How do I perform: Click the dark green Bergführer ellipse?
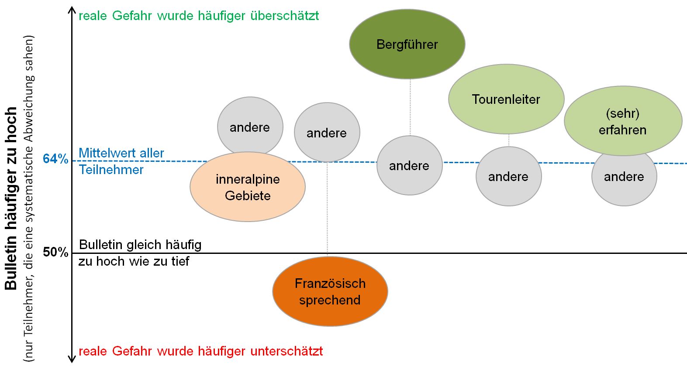[407, 44]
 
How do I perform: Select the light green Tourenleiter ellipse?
[506, 99]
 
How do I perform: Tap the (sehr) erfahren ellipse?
[623, 121]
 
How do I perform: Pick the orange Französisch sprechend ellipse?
[330, 291]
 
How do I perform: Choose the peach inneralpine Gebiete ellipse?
[247, 187]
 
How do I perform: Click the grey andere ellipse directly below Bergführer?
[409, 165]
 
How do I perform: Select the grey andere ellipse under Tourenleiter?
[508, 176]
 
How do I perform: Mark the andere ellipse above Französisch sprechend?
[327, 133]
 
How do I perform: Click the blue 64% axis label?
[55, 159]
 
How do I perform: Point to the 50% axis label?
[55, 252]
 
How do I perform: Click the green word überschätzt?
[284, 16]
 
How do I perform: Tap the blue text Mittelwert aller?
[121, 153]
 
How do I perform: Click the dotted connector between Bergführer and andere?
[410, 107]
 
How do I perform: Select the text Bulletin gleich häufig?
[140, 245]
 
